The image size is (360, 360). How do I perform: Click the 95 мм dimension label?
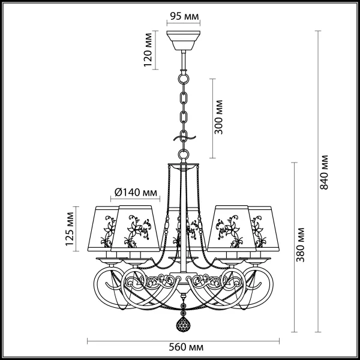(184, 16)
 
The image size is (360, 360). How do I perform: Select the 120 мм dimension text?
(148, 50)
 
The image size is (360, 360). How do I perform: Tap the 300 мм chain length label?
(218, 117)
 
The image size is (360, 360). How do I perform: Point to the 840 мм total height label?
(324, 172)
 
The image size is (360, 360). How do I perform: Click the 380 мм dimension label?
(300, 245)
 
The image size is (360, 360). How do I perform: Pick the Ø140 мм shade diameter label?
(136, 193)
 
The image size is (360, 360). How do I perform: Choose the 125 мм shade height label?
(70, 229)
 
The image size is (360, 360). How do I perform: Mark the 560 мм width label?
(186, 347)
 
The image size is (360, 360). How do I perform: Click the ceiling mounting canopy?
(183, 40)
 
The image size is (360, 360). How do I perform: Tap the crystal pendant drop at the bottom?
(183, 324)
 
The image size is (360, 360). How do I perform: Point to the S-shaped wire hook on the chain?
(184, 139)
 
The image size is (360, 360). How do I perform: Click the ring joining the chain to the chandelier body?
(184, 154)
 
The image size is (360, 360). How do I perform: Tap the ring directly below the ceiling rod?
(184, 78)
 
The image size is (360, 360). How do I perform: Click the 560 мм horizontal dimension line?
(183, 341)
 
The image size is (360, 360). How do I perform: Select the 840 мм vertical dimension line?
(318, 181)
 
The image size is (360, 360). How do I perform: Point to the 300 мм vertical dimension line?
(212, 118)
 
